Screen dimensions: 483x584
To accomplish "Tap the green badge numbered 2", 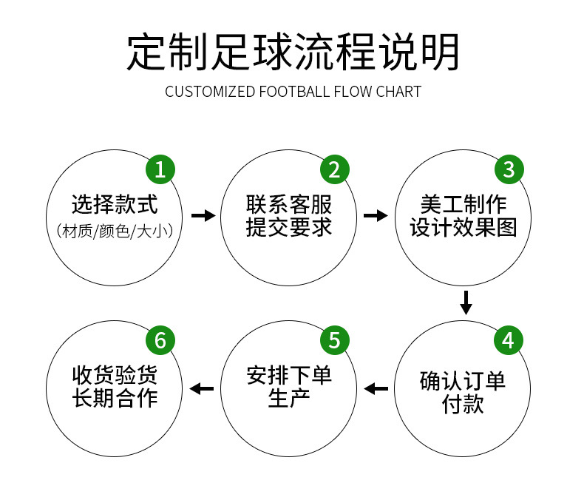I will (334, 169).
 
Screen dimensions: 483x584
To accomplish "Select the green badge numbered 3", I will (509, 169).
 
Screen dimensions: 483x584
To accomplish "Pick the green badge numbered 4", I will (509, 340).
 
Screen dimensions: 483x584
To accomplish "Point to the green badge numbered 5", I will (334, 340).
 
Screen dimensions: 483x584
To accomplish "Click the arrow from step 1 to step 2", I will (203, 216).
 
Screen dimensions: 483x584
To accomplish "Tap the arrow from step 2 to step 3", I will (376, 216).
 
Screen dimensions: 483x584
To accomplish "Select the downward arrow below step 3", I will (466, 302).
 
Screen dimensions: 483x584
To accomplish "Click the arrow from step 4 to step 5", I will (376, 388).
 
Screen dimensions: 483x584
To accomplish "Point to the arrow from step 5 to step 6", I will (203, 388).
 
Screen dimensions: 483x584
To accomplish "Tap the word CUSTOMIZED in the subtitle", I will (209, 92).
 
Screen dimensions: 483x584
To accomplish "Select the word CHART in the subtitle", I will (398, 92).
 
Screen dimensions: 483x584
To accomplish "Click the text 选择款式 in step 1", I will (115, 205).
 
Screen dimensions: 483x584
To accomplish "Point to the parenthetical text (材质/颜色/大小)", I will (115, 230).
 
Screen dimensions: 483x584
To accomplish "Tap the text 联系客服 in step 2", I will (289, 205).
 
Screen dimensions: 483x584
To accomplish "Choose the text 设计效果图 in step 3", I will (464, 228).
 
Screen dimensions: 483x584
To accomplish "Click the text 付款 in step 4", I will (464, 405).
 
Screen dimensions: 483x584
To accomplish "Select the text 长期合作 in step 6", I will (115, 397).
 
